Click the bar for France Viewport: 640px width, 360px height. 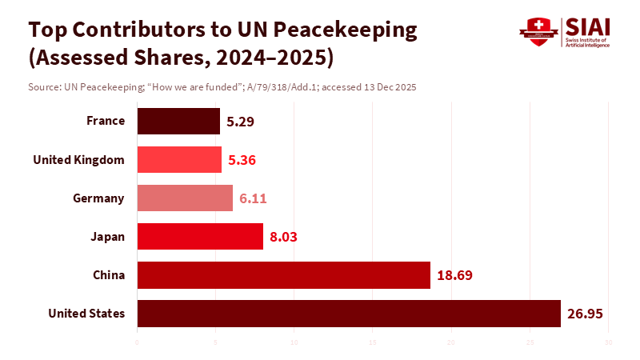(178, 122)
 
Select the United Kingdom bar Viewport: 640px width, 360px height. (179, 160)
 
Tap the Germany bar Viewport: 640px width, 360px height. (185, 198)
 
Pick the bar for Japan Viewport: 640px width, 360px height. (200, 237)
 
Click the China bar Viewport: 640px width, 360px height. (283, 275)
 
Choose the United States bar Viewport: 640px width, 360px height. (349, 314)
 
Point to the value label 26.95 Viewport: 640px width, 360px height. (584, 314)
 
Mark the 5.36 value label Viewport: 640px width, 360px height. (242, 160)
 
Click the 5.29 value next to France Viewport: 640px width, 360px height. (241, 122)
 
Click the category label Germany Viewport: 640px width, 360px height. (98, 198)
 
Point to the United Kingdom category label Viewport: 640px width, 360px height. (78, 160)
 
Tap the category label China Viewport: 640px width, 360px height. (109, 275)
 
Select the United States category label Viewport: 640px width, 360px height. (86, 314)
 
